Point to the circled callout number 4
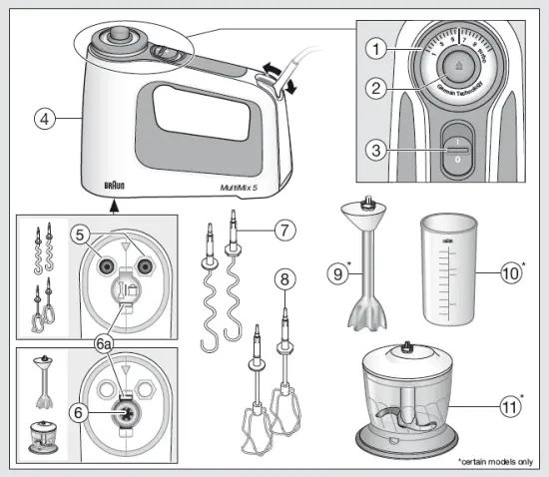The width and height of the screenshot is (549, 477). coord(42,118)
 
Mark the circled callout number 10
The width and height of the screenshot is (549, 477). coord(510,270)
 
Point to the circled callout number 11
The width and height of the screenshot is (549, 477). coord(510,407)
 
